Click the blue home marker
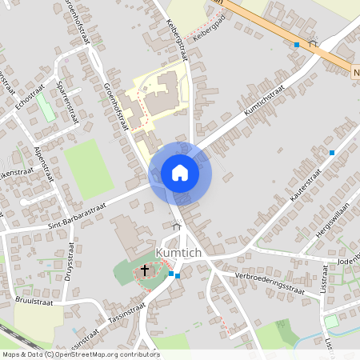(x=180, y=173)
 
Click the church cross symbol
(x=146, y=270)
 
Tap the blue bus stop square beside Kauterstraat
(x=332, y=152)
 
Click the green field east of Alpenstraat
(x=89, y=169)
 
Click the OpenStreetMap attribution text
(x=80, y=354)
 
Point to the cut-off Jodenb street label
(x=350, y=261)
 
